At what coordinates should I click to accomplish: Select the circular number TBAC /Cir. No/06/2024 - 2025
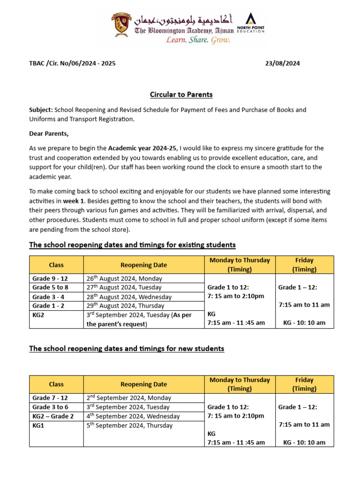click(x=72, y=63)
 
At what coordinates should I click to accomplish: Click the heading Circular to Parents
click(x=181, y=95)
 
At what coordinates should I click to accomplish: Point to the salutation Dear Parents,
click(x=49, y=134)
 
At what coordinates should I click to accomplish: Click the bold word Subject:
click(x=41, y=110)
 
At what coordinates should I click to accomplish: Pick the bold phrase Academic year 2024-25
click(x=143, y=148)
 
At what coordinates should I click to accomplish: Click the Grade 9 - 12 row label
click(x=50, y=278)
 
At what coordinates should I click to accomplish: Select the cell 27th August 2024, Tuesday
click(x=124, y=287)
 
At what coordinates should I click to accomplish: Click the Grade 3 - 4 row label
click(x=48, y=297)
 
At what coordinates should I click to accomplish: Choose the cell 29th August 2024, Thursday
click(x=125, y=306)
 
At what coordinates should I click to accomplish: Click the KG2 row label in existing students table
click(x=39, y=315)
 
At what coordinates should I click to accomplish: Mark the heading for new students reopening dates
click(x=127, y=349)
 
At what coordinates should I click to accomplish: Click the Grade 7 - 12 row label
click(x=50, y=398)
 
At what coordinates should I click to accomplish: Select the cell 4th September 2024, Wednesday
click(x=133, y=416)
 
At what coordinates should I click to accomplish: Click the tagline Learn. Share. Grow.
click(x=199, y=40)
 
